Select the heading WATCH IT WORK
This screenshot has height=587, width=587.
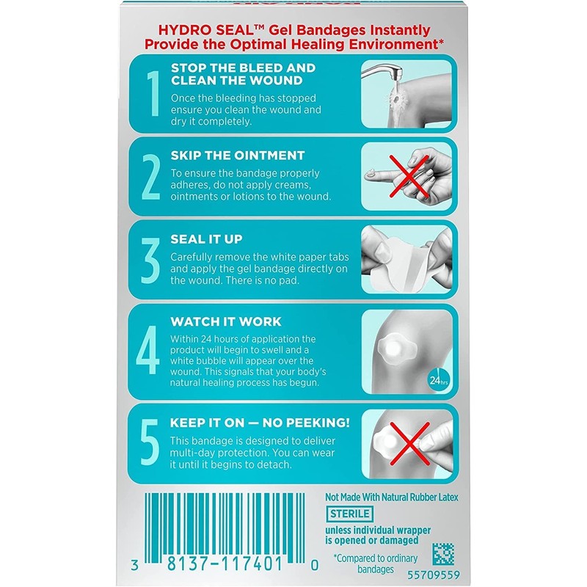pos(225,321)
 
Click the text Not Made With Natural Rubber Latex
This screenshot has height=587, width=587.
pos(392,497)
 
